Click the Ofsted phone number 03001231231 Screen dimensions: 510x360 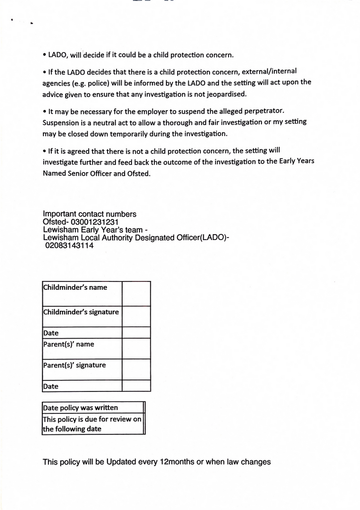coord(95,222)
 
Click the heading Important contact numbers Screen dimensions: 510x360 coord(90,214)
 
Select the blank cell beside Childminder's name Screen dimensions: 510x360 coord(136,293)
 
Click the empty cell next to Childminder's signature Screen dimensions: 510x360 coord(136,316)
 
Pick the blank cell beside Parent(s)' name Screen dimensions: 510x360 coord(136,349)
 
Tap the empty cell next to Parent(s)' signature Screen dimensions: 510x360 coord(136,369)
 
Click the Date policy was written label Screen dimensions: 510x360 coord(81,407)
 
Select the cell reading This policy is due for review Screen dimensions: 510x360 coord(92,424)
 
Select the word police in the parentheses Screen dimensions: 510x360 coord(99,83)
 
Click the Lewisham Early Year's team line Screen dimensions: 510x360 coord(95,230)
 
